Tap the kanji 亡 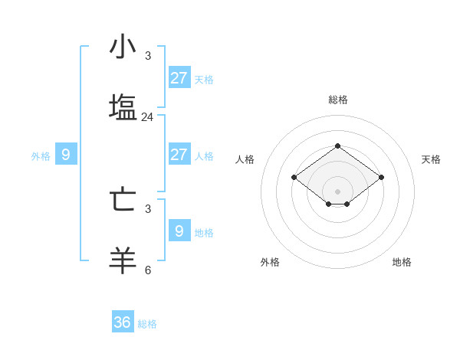123,199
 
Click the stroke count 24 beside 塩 147,117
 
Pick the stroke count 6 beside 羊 148,270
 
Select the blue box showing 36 123,322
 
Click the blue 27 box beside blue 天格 179,78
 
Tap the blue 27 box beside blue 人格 179,155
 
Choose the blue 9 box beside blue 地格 179,231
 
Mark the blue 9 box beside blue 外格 66,155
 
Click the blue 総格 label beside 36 147,324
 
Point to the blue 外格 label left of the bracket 41,156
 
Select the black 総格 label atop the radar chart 338,100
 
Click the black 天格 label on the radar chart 431,159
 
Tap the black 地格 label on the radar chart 402,262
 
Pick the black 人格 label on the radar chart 245,159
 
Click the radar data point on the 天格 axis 382,178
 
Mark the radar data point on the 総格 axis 337,146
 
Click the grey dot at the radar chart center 337,191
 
